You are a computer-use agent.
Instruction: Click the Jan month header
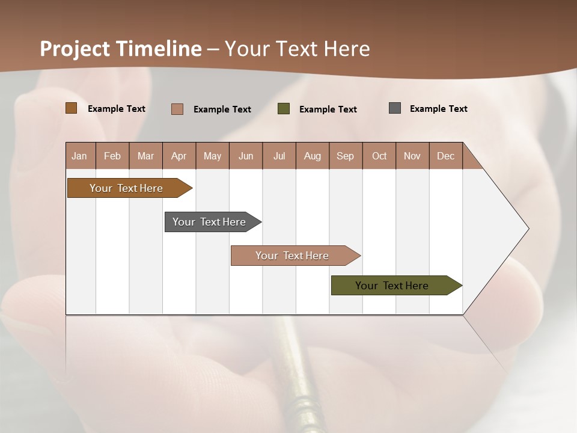[79, 156]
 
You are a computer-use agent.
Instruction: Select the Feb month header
[112, 156]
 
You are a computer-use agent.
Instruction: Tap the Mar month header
[145, 156]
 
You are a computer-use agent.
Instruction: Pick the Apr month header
[179, 156]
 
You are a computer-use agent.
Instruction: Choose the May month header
[212, 156]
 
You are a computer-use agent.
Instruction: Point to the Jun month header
[246, 156]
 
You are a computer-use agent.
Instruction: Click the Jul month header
[279, 156]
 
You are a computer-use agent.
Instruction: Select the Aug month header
[313, 156]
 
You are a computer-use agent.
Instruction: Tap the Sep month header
[346, 156]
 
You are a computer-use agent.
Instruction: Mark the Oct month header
[379, 156]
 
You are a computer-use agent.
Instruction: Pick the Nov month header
[412, 156]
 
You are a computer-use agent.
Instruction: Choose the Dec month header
[446, 156]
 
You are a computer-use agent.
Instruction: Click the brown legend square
[72, 108]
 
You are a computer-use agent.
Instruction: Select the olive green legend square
[284, 108]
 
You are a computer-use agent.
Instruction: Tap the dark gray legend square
[395, 108]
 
